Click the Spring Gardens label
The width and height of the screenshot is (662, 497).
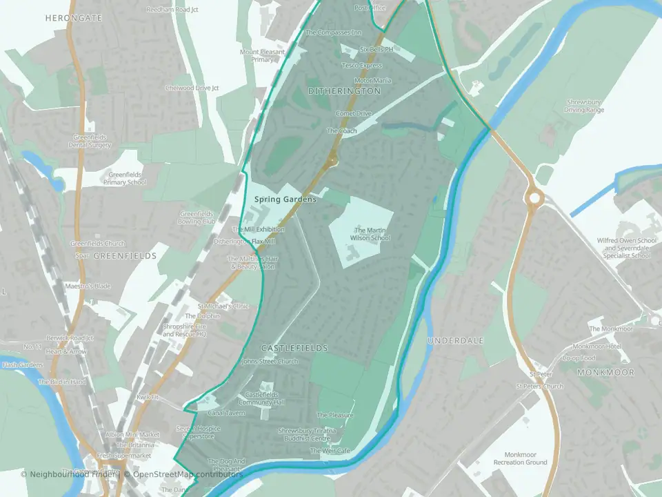(285, 199)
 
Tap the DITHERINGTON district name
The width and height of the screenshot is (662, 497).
(344, 91)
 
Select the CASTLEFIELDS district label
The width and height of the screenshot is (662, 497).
(294, 349)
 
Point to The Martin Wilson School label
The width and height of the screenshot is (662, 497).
(372, 234)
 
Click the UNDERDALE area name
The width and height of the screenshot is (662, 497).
(456, 341)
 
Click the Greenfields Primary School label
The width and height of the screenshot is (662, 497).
(125, 179)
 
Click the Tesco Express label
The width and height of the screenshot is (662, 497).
(362, 66)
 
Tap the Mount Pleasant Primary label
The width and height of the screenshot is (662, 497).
(262, 56)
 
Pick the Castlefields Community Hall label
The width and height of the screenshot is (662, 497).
(261, 398)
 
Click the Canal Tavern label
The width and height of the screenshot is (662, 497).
(226, 413)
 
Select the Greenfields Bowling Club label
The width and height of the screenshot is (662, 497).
(197, 218)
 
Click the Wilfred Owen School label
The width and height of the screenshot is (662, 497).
(627, 248)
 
